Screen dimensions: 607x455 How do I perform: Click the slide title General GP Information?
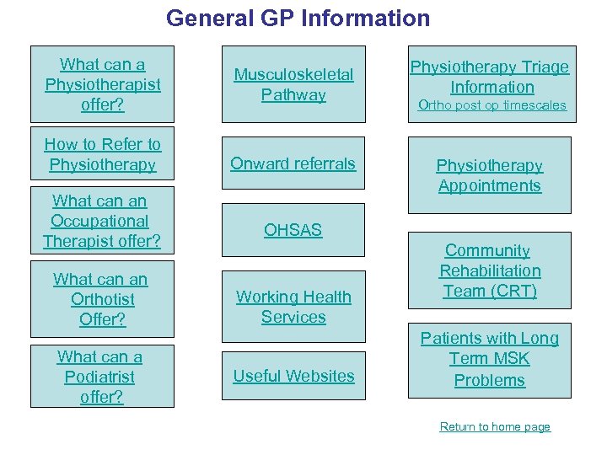click(298, 18)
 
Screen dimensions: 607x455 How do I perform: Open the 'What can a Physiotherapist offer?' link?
click(103, 84)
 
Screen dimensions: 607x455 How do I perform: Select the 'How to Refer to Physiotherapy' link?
click(103, 154)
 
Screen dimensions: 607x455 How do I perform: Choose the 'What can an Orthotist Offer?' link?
click(103, 299)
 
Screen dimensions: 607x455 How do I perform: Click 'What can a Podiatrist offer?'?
click(101, 377)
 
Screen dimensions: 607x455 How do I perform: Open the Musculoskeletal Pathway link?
click(293, 84)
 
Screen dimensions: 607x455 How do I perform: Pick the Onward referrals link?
click(293, 163)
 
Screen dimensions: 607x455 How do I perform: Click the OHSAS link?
click(293, 229)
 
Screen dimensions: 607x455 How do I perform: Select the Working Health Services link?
click(293, 307)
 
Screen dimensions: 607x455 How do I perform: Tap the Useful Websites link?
click(293, 376)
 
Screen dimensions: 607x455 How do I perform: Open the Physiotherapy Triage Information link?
click(490, 77)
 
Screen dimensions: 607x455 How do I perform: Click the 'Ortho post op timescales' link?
click(492, 105)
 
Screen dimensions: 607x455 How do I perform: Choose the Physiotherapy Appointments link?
click(489, 175)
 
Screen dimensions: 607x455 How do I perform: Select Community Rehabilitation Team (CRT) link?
click(489, 270)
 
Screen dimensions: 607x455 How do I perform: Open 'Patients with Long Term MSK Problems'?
click(489, 359)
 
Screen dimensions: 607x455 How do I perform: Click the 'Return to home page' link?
click(495, 426)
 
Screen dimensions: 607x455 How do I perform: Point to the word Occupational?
click(99, 221)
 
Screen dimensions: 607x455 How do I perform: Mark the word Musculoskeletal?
click(293, 75)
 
